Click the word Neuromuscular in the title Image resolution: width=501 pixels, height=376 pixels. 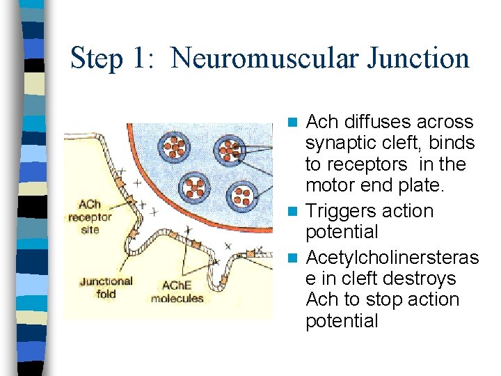pyautogui.click(x=265, y=58)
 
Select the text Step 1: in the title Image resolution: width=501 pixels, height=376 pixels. pyautogui.click(x=116, y=58)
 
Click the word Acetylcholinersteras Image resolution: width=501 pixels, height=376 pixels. pyautogui.click(x=392, y=258)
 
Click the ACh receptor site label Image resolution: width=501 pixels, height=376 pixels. pyautogui.click(x=90, y=217)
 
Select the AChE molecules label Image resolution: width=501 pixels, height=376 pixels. pyautogui.click(x=177, y=292)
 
